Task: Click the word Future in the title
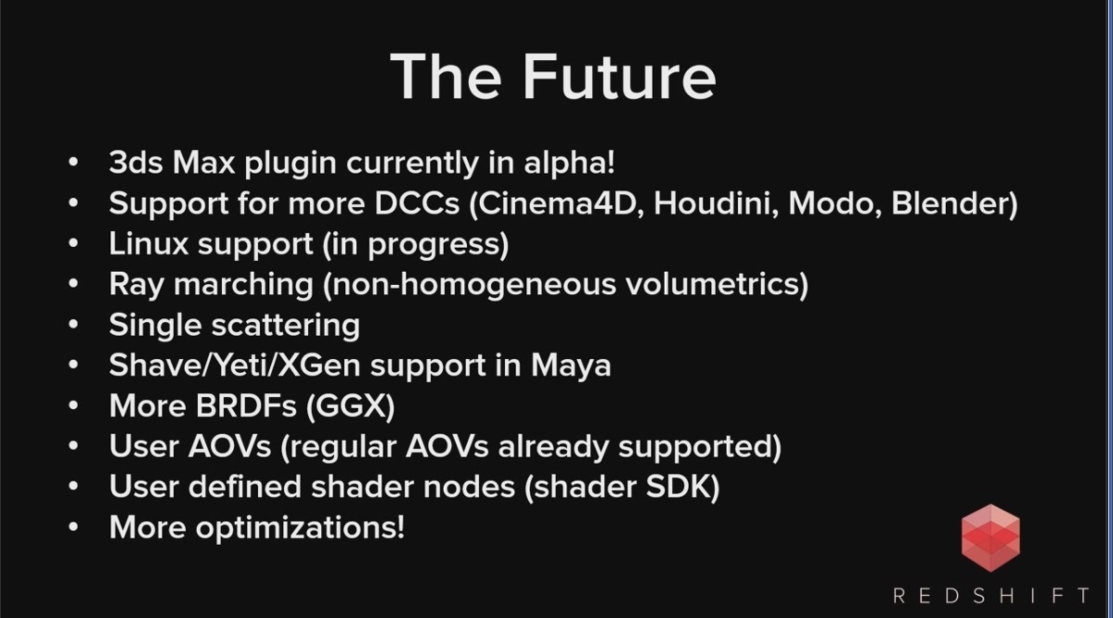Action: [619, 77]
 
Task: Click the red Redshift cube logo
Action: [990, 538]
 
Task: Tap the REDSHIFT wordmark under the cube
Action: [990, 596]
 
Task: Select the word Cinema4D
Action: [561, 203]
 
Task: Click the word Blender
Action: [950, 203]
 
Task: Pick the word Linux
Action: [149, 244]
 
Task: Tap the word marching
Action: [243, 285]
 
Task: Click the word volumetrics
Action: [712, 285]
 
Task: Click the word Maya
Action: [571, 367]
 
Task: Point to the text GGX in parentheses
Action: [351, 406]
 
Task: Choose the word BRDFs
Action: [246, 406]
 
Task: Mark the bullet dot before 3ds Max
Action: [73, 162]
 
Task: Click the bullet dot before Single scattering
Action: [73, 325]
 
